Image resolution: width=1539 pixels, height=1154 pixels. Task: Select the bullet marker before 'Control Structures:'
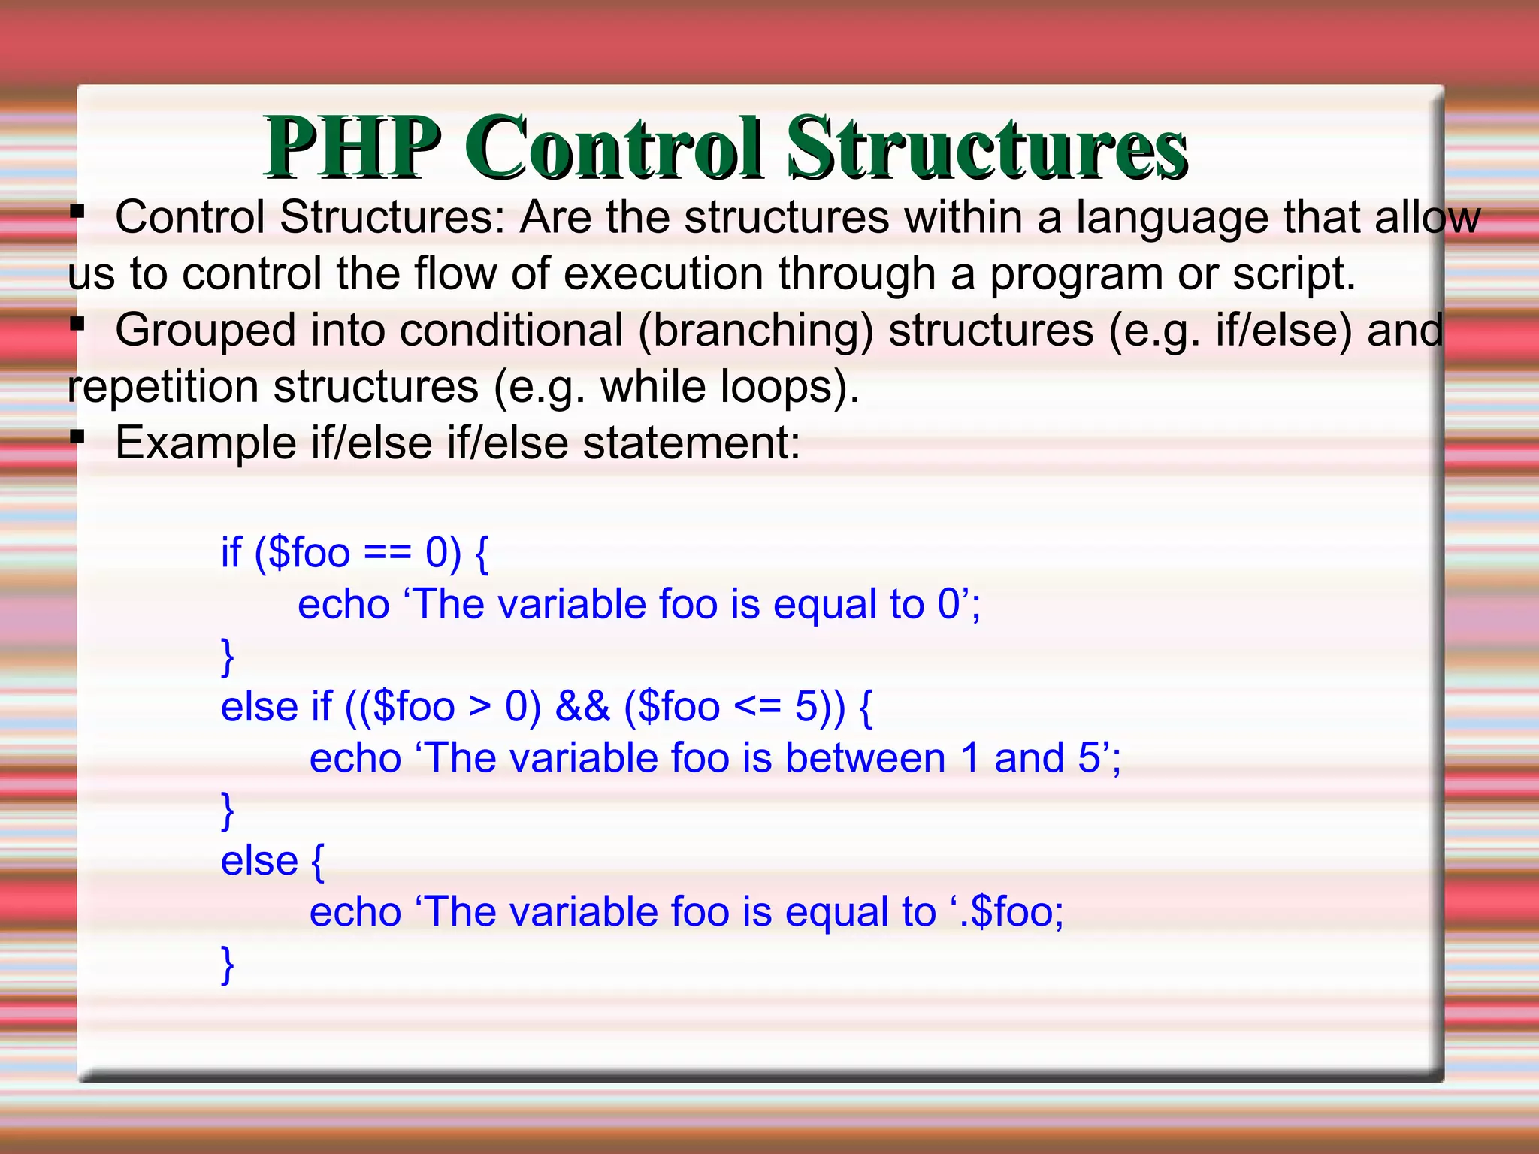pos(76,213)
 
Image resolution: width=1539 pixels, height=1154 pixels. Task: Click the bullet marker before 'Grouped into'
pos(76,325)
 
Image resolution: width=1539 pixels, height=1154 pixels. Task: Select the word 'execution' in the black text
pos(663,273)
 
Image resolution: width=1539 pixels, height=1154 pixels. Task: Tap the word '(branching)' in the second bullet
pos(755,331)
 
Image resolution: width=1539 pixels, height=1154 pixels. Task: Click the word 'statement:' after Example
pos(691,443)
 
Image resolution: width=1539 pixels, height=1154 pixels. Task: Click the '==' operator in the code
pos(388,554)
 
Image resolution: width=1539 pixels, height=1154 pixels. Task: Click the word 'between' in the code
pos(865,758)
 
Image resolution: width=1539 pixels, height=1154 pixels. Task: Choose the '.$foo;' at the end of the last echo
pos(1011,912)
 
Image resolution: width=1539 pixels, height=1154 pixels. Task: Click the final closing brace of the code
pos(227,965)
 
